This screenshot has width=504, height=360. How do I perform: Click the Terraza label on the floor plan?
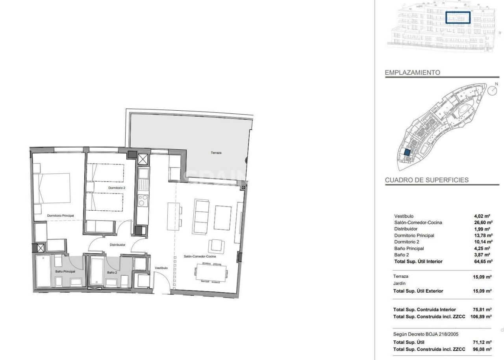click(x=216, y=152)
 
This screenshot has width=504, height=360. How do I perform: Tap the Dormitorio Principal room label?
click(x=60, y=215)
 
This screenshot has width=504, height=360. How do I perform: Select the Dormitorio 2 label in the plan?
click(x=117, y=188)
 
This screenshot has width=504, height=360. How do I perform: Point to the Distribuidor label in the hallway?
click(x=117, y=245)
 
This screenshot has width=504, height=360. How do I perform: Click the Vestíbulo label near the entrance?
click(x=161, y=268)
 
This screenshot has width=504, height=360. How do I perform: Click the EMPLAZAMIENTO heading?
click(x=412, y=72)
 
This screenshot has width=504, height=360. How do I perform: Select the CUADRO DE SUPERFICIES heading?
click(x=426, y=180)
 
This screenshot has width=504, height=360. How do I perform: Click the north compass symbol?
click(x=492, y=91)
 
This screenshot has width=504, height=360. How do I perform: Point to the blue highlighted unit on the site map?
click(x=408, y=152)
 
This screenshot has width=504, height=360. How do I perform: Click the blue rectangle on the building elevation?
click(x=458, y=17)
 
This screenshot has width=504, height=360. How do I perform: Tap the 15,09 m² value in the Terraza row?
click(x=482, y=277)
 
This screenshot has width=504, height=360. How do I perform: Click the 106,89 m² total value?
click(x=481, y=316)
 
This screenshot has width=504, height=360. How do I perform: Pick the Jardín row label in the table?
click(x=400, y=283)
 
